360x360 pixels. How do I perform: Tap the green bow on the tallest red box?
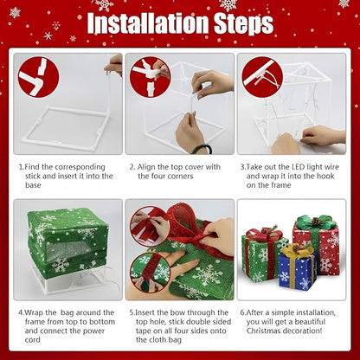coord(317,222)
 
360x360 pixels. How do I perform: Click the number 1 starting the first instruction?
coord(20,166)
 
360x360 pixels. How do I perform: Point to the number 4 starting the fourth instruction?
coord(20,312)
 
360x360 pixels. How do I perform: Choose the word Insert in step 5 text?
coord(151,312)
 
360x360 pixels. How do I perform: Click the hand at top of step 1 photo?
coord(114,63)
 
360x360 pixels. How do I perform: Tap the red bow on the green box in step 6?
coord(263,236)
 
